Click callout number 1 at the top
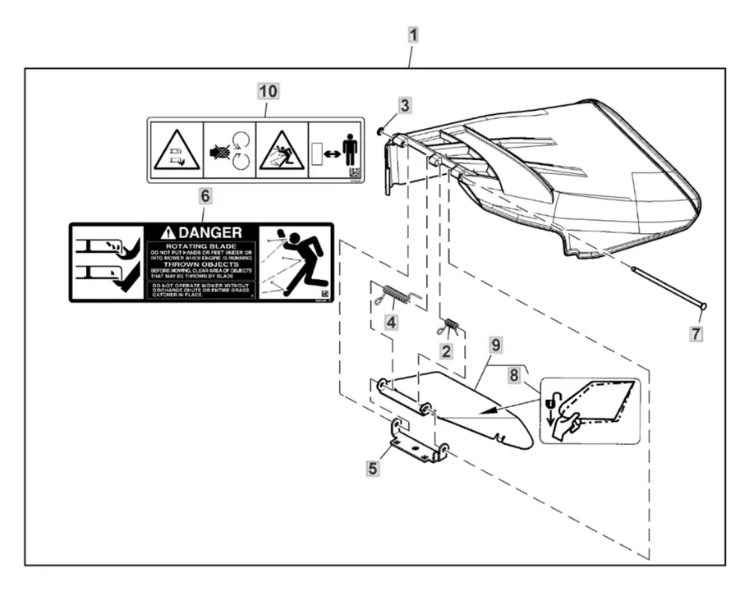(413, 35)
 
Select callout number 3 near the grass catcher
(405, 105)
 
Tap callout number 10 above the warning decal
(269, 90)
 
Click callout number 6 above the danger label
(204, 195)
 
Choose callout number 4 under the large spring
(392, 323)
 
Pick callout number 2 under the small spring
(446, 351)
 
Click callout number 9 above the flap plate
(495, 345)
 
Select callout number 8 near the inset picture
(515, 375)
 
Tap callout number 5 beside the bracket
(374, 468)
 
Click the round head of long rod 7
(703, 307)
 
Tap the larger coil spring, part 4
(397, 293)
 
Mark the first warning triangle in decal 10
(177, 152)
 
